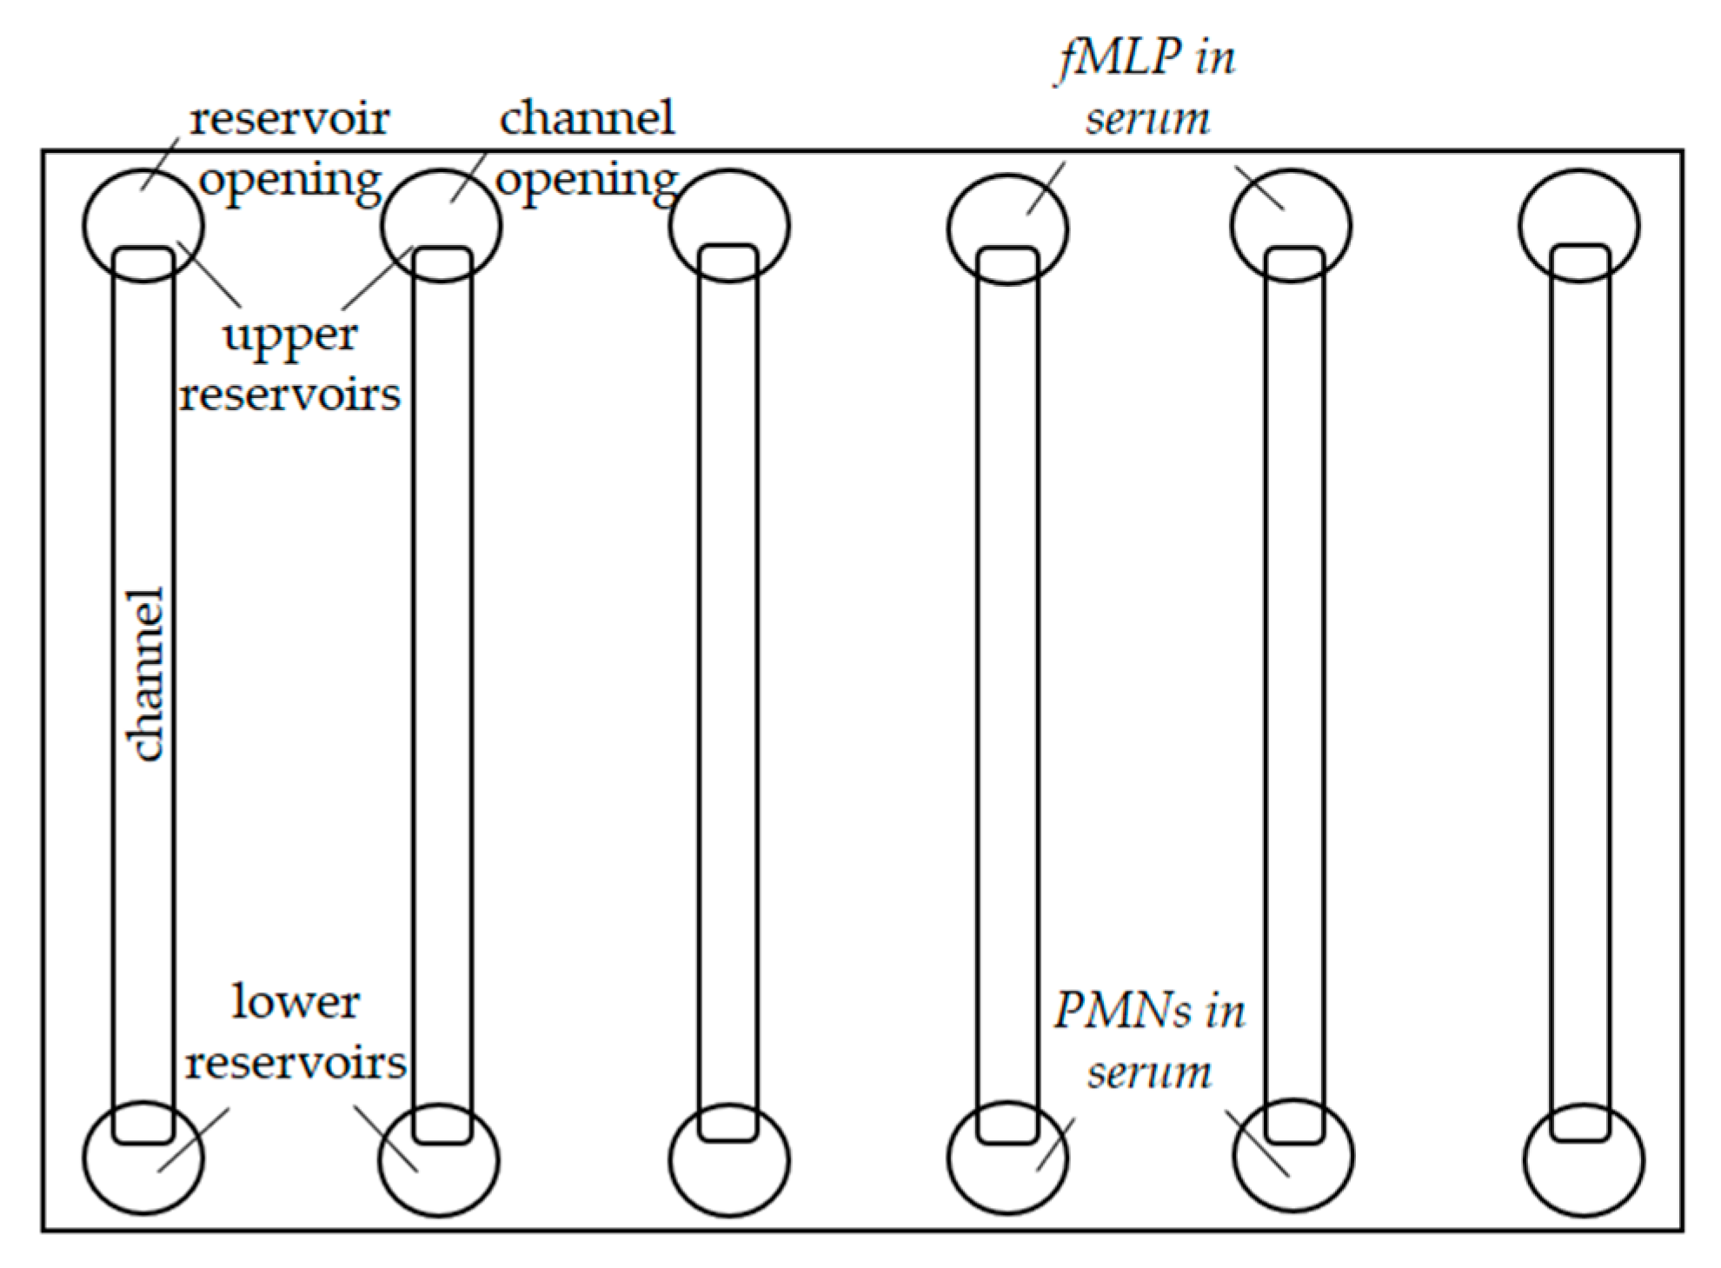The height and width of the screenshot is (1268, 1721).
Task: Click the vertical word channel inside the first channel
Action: pyautogui.click(x=144, y=674)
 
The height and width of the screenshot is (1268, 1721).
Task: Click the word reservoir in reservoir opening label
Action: pyautogui.click(x=289, y=118)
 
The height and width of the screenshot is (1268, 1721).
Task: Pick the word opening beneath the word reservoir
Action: pyautogui.click(x=291, y=182)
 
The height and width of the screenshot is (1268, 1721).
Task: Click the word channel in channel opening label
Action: pyautogui.click(x=587, y=118)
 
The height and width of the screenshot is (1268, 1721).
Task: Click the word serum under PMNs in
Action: pyautogui.click(x=1149, y=1072)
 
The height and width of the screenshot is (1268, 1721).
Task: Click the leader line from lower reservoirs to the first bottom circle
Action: pyautogui.click(x=193, y=1140)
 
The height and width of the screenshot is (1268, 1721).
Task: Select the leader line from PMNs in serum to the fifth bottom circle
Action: pyautogui.click(x=1257, y=1143)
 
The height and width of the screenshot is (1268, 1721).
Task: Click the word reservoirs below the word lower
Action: pyautogui.click(x=296, y=1063)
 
